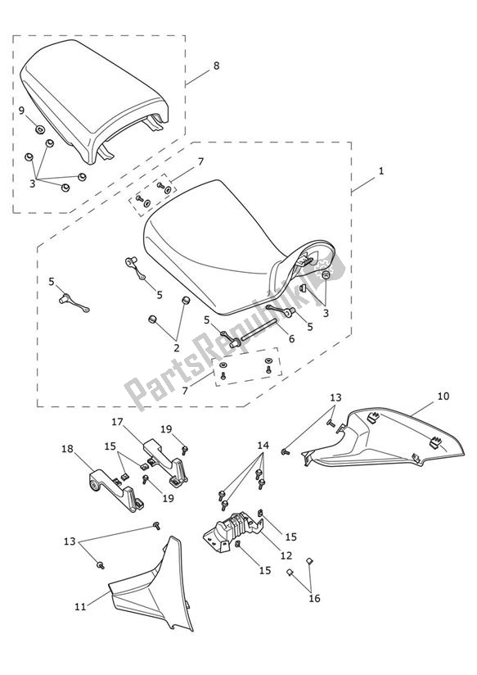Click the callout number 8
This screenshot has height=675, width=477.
coord(215,66)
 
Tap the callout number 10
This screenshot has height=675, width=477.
coord(442,396)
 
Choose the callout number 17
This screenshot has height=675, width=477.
coord(117,422)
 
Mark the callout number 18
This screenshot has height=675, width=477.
coord(67,448)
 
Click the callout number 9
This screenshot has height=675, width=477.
coord(22,111)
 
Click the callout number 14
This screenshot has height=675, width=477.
coord(262,446)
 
